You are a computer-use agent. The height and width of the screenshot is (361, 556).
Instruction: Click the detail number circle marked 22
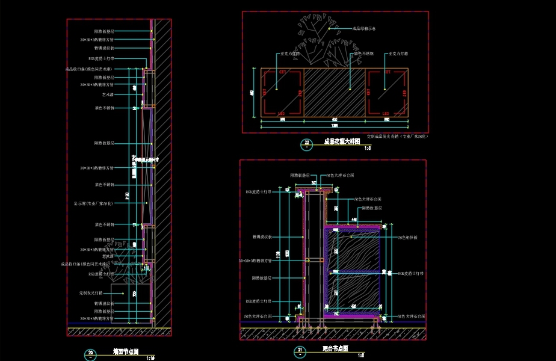click(x=307, y=143)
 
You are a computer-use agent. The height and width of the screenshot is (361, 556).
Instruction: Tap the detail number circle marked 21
click(x=300, y=350)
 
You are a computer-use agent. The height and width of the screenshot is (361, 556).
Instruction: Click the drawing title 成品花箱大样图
click(x=342, y=141)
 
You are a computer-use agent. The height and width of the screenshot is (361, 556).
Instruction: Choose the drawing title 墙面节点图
click(x=126, y=351)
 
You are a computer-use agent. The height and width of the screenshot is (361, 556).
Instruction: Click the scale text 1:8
click(x=368, y=147)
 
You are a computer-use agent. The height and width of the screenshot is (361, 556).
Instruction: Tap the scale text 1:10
click(x=150, y=357)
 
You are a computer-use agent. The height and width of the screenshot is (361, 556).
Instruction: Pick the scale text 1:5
click(x=361, y=355)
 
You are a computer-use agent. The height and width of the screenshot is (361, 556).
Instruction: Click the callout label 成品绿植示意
click(x=364, y=28)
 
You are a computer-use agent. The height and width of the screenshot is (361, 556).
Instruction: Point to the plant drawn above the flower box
click(x=318, y=42)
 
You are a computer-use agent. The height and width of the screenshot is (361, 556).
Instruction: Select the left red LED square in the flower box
click(x=281, y=93)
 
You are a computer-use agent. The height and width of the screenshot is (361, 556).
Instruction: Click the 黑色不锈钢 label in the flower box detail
click(x=363, y=54)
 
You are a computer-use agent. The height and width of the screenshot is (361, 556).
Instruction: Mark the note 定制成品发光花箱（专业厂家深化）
click(x=397, y=137)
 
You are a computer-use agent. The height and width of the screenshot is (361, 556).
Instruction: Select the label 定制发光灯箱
click(x=96, y=292)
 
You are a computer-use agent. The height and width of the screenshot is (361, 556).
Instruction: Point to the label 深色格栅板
click(x=407, y=237)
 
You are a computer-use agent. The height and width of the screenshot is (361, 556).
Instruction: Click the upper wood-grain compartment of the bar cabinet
click(x=356, y=250)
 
